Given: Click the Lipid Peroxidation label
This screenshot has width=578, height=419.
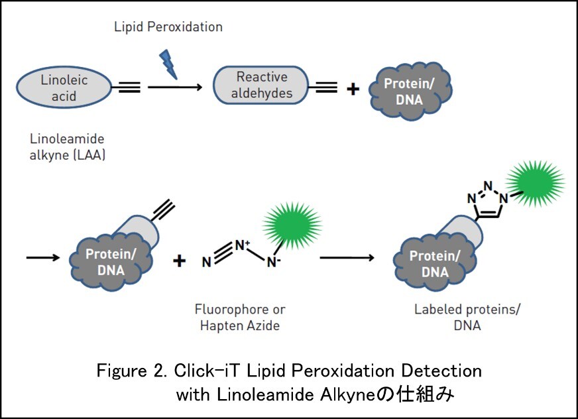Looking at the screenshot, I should click(x=168, y=27).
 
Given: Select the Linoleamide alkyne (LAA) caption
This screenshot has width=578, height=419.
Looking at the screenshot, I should click(x=68, y=147).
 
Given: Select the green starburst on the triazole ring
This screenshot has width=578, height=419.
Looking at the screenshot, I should click(x=534, y=180).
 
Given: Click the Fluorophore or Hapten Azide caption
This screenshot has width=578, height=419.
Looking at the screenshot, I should click(x=240, y=317).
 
